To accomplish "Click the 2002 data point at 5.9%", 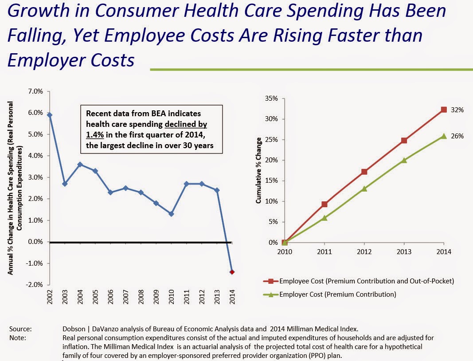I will pyautogui.click(x=50, y=115).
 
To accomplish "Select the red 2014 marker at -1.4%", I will pyautogui.click(x=232, y=272).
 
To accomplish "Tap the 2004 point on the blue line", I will pyautogui.click(x=80, y=164).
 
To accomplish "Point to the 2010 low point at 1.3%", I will pyautogui.click(x=171, y=214).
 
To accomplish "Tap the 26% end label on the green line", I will pyautogui.click(x=457, y=136).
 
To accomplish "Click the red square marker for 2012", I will pyautogui.click(x=364, y=172).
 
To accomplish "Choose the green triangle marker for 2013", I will pyautogui.click(x=404, y=160).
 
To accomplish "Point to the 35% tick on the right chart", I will pyautogui.click(x=271, y=98).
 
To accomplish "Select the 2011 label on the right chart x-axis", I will pyautogui.click(x=324, y=252).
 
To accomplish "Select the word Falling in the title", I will pyautogui.click(x=35, y=35).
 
